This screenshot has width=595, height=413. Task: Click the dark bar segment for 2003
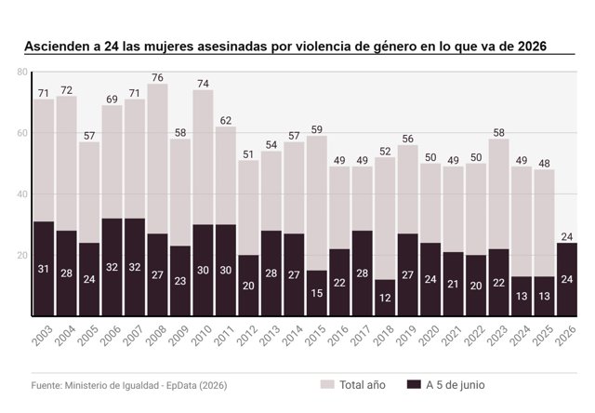coord(44,269)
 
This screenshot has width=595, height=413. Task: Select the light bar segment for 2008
coord(157,159)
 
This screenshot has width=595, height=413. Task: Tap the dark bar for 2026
coord(567,279)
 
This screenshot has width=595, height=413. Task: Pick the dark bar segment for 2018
coord(385,298)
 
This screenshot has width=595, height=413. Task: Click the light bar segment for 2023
coord(498,194)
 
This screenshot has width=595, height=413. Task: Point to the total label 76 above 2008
coord(157,78)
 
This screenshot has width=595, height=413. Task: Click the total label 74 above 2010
coord(203,84)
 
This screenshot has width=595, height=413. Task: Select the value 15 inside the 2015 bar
coord(317,293)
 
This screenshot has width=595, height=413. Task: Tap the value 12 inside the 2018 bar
coord(385,298)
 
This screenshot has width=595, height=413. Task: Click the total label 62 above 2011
coord(226,121)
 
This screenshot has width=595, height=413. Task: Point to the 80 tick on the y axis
coord(22,72)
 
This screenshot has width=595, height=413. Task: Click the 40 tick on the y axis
coord(22,194)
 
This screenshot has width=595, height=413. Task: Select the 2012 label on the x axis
coord(247,336)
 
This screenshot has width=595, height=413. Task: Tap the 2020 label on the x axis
coord(430,336)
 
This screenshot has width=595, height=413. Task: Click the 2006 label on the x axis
coord(111,336)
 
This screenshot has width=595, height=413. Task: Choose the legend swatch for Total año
coord(327,384)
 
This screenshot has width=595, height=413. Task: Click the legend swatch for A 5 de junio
coord(414,384)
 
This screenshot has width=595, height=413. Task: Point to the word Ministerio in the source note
coord(86,386)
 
